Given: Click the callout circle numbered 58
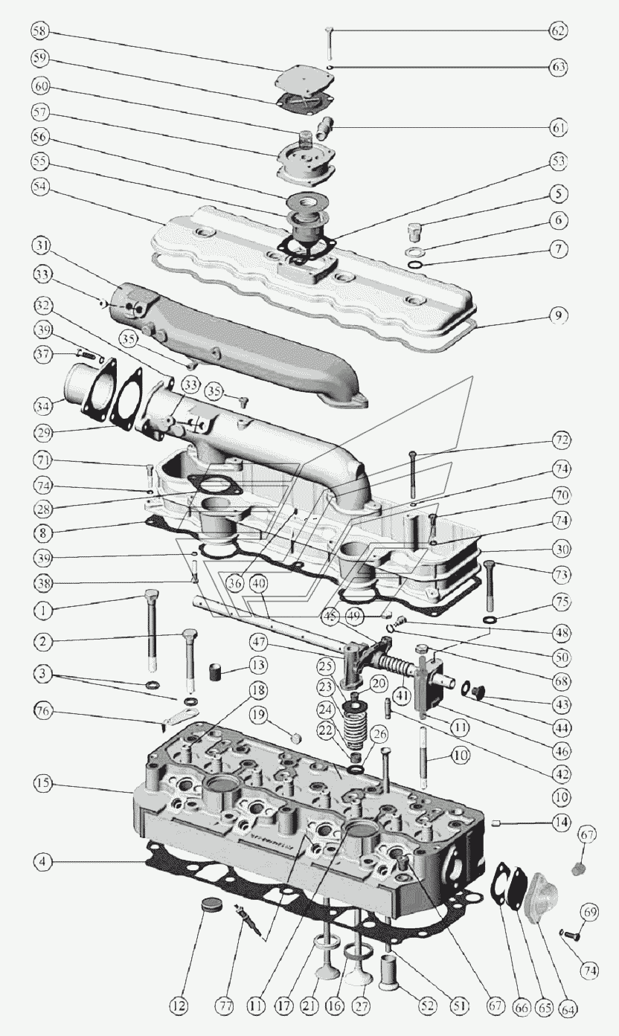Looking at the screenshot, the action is (41, 31).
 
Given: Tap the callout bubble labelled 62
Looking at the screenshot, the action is (559, 30).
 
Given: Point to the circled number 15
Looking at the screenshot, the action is (43, 783).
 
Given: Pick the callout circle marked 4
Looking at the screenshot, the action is (43, 862).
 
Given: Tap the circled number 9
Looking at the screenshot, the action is (559, 315).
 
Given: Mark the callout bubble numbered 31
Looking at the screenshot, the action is (42, 246).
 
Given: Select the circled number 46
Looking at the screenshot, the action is (563, 750).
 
